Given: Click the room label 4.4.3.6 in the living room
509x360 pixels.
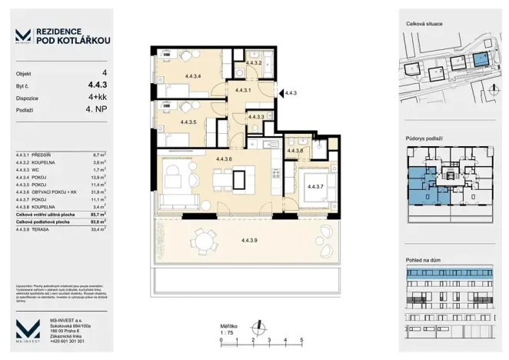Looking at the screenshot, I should [x=225, y=158].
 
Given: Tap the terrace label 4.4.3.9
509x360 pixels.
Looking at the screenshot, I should [x=249, y=242].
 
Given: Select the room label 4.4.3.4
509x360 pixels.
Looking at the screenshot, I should [x=194, y=75].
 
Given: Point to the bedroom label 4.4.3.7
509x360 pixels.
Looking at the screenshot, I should [x=315, y=186].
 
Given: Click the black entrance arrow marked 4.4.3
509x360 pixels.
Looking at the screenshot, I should [x=279, y=92].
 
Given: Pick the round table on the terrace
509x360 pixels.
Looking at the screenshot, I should [x=204, y=242].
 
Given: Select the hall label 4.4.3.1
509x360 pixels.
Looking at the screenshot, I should [x=244, y=90].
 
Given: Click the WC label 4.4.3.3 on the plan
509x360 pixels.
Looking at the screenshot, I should [x=256, y=117].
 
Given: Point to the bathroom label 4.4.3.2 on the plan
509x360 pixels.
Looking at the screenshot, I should [x=254, y=62].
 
